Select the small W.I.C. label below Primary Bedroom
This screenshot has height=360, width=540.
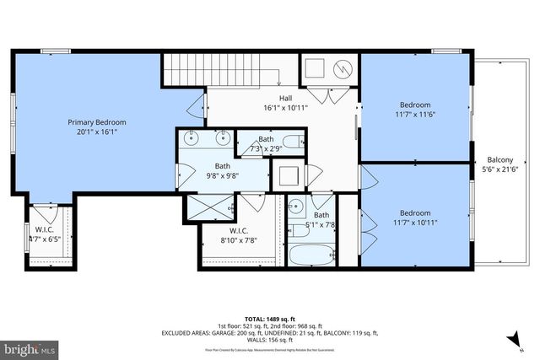coord(44,234)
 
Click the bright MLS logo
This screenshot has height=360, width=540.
coord(29,347)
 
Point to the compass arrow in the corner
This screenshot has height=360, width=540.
coord(512,340)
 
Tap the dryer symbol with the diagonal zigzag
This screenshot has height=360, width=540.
coord(343,68)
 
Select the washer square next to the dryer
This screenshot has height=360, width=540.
coord(316,68)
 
